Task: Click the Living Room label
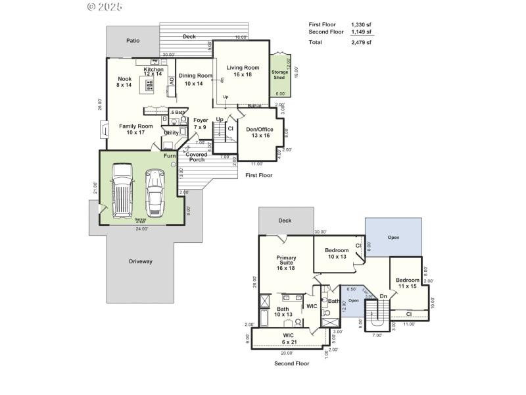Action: point(243,71)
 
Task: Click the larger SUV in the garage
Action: point(123,191)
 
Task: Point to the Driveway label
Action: point(139,261)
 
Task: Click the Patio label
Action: point(133,40)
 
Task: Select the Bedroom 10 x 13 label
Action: point(337,253)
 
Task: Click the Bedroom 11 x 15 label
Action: point(407,283)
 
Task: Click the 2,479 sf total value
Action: point(361,43)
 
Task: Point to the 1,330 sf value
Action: point(361,24)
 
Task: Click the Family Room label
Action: point(135,129)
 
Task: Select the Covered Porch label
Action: point(196,157)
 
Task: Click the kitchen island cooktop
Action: point(150,85)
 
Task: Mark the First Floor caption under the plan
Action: point(258,175)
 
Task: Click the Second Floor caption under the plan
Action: point(292,363)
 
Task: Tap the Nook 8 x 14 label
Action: point(124,82)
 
